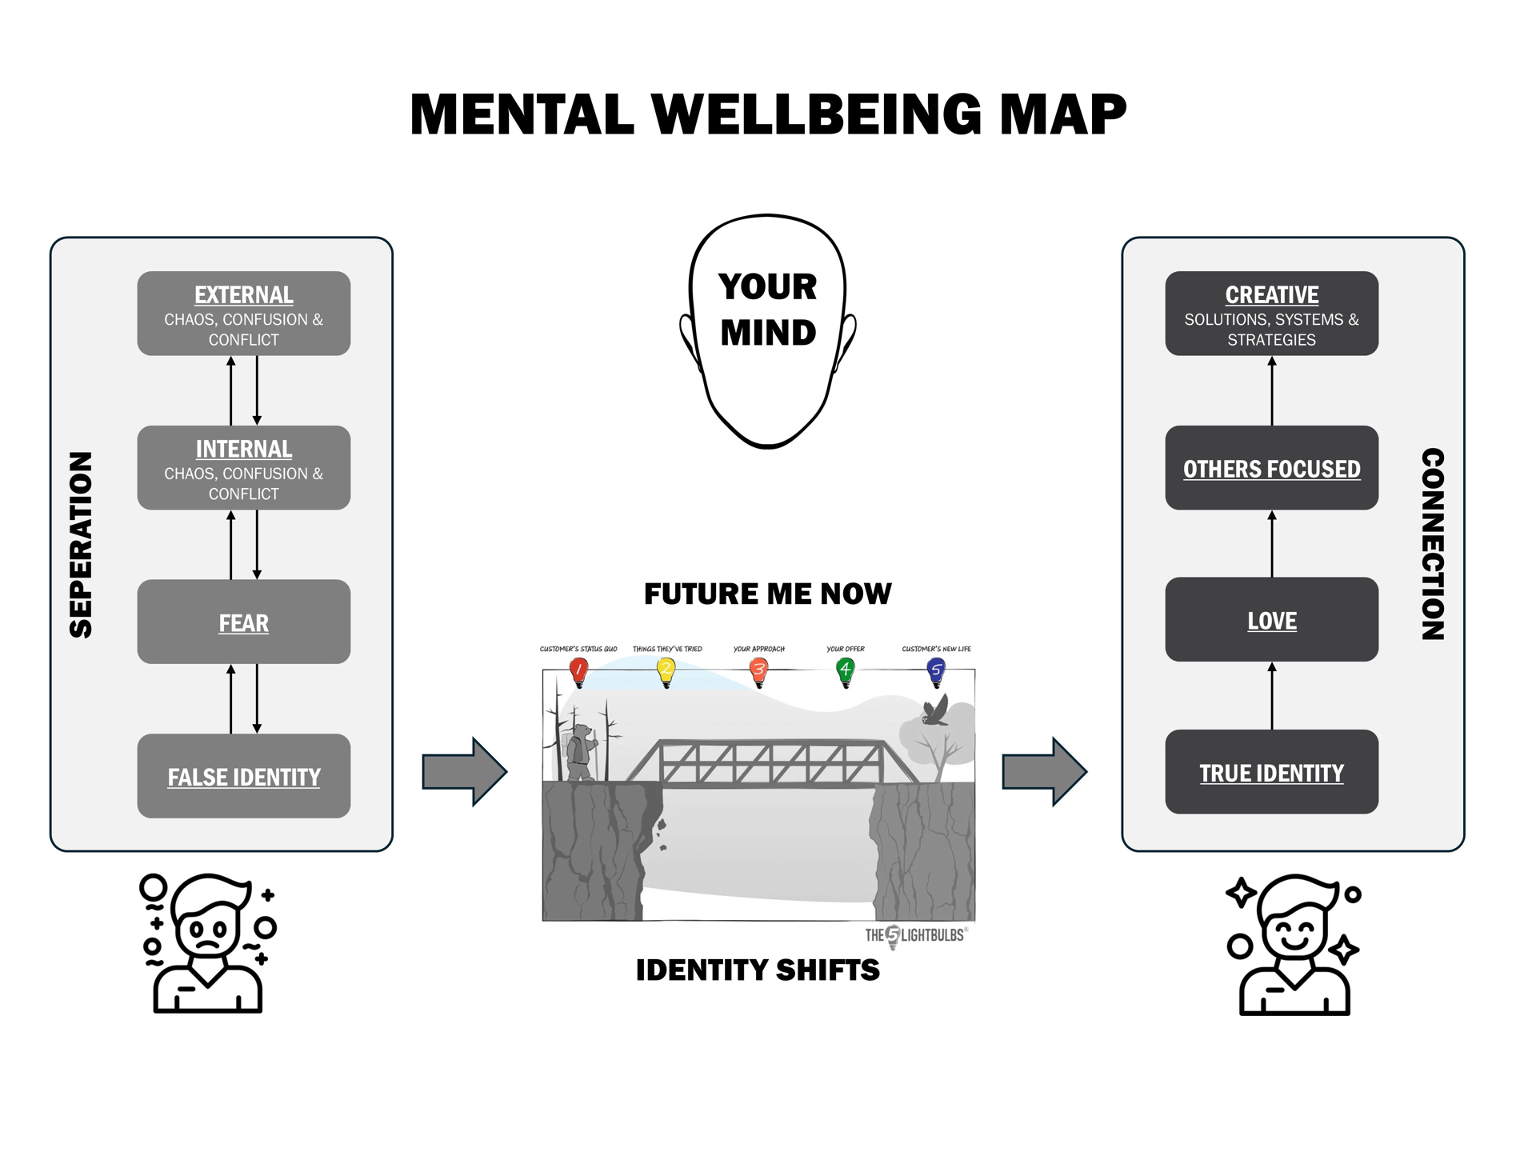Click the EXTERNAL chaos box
point(244,314)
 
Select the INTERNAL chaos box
point(244,468)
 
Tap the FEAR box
point(244,622)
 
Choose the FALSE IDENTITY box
point(244,776)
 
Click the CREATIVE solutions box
point(1272,314)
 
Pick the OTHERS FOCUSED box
point(1272,468)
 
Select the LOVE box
point(1272,619)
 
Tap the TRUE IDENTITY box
point(1272,772)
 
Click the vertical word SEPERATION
point(81,545)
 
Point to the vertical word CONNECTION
point(1433,544)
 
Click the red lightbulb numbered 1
point(578,672)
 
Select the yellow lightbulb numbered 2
point(666,672)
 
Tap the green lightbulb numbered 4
point(846,672)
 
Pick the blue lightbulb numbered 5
point(936,672)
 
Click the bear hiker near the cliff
point(581,752)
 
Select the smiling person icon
point(1293,945)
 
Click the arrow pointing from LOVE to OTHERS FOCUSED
point(1272,544)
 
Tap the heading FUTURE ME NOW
point(767,594)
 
